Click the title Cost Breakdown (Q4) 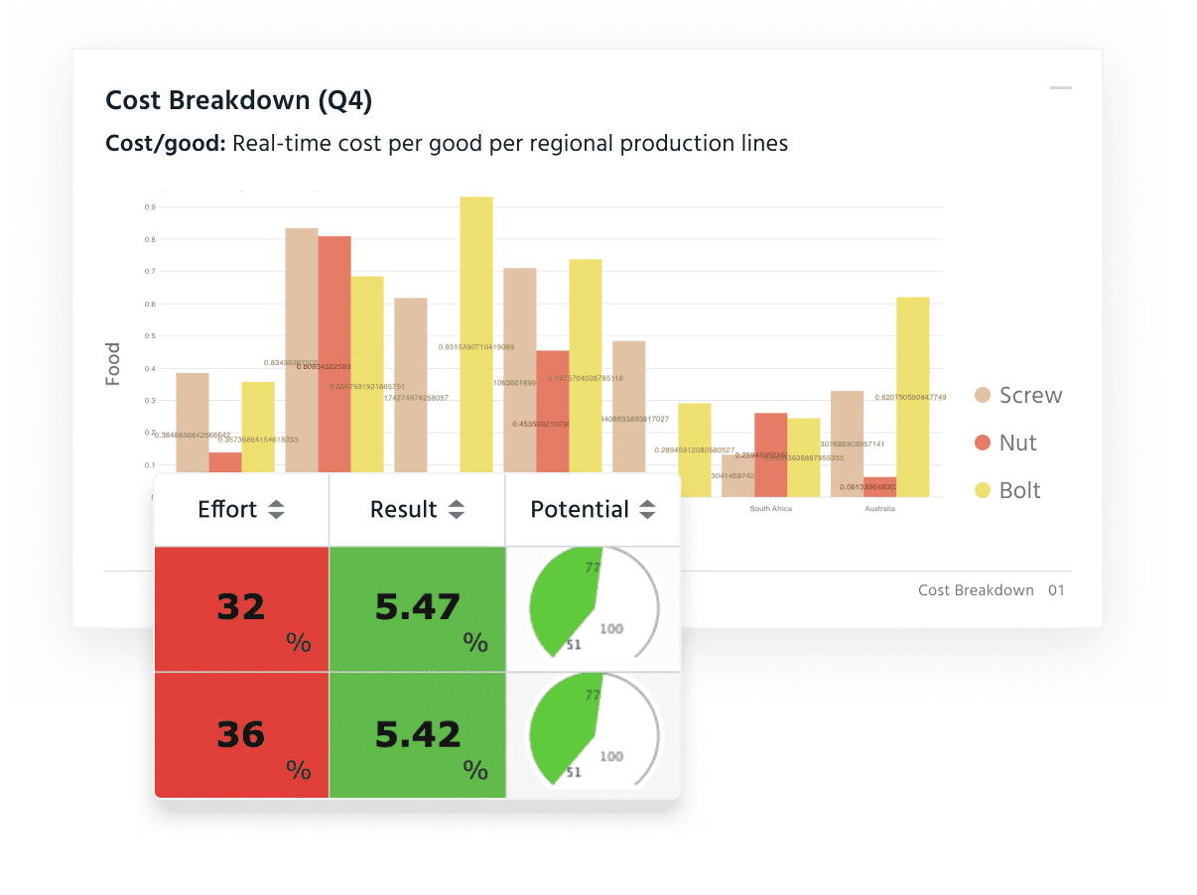tap(239, 100)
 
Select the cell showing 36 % tap(241, 735)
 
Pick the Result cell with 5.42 tap(417, 735)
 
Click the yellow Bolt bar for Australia tap(913, 397)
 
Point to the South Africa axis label tap(770, 509)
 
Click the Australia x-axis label tap(879, 509)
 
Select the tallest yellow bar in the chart tap(476, 337)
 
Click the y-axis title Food tap(113, 364)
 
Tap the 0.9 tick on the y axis tap(149, 207)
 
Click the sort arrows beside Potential tap(647, 510)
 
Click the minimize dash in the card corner tap(1061, 88)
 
